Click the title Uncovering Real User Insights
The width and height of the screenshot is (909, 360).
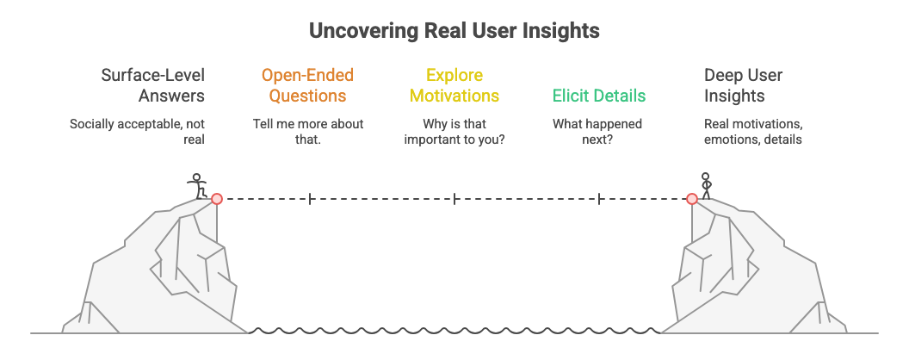(454, 31)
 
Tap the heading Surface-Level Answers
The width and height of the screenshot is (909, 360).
(152, 84)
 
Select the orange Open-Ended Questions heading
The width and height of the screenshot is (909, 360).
(307, 84)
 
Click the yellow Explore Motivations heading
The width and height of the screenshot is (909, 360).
(454, 84)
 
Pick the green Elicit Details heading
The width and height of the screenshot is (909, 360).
(598, 95)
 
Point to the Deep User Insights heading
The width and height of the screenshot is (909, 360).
(744, 84)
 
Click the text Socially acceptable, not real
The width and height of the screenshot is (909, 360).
(138, 131)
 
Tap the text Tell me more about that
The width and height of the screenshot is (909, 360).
(307, 131)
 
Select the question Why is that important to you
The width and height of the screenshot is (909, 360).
(454, 131)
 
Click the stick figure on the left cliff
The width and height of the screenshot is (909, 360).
(198, 185)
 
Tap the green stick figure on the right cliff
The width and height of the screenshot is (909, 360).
(706, 185)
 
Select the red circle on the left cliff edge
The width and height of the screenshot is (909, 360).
(217, 199)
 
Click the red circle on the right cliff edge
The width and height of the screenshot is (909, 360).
(691, 199)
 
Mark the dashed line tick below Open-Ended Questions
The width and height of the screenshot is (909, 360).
(309, 199)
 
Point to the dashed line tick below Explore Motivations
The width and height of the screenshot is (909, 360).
(454, 199)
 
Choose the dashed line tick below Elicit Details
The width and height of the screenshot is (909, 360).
(599, 199)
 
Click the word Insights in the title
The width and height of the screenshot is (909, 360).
(564, 31)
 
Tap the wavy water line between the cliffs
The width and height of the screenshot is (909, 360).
(454, 330)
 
